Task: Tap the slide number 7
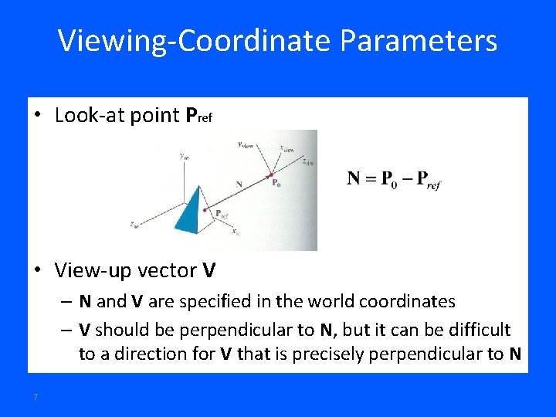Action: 36,397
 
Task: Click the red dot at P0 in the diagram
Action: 271,175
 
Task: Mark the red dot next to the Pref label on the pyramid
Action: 205,209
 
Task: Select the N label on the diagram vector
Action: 239,184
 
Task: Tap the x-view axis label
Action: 286,149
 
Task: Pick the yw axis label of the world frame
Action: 183,156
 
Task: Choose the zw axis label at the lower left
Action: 134,225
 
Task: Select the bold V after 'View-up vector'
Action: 208,271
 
